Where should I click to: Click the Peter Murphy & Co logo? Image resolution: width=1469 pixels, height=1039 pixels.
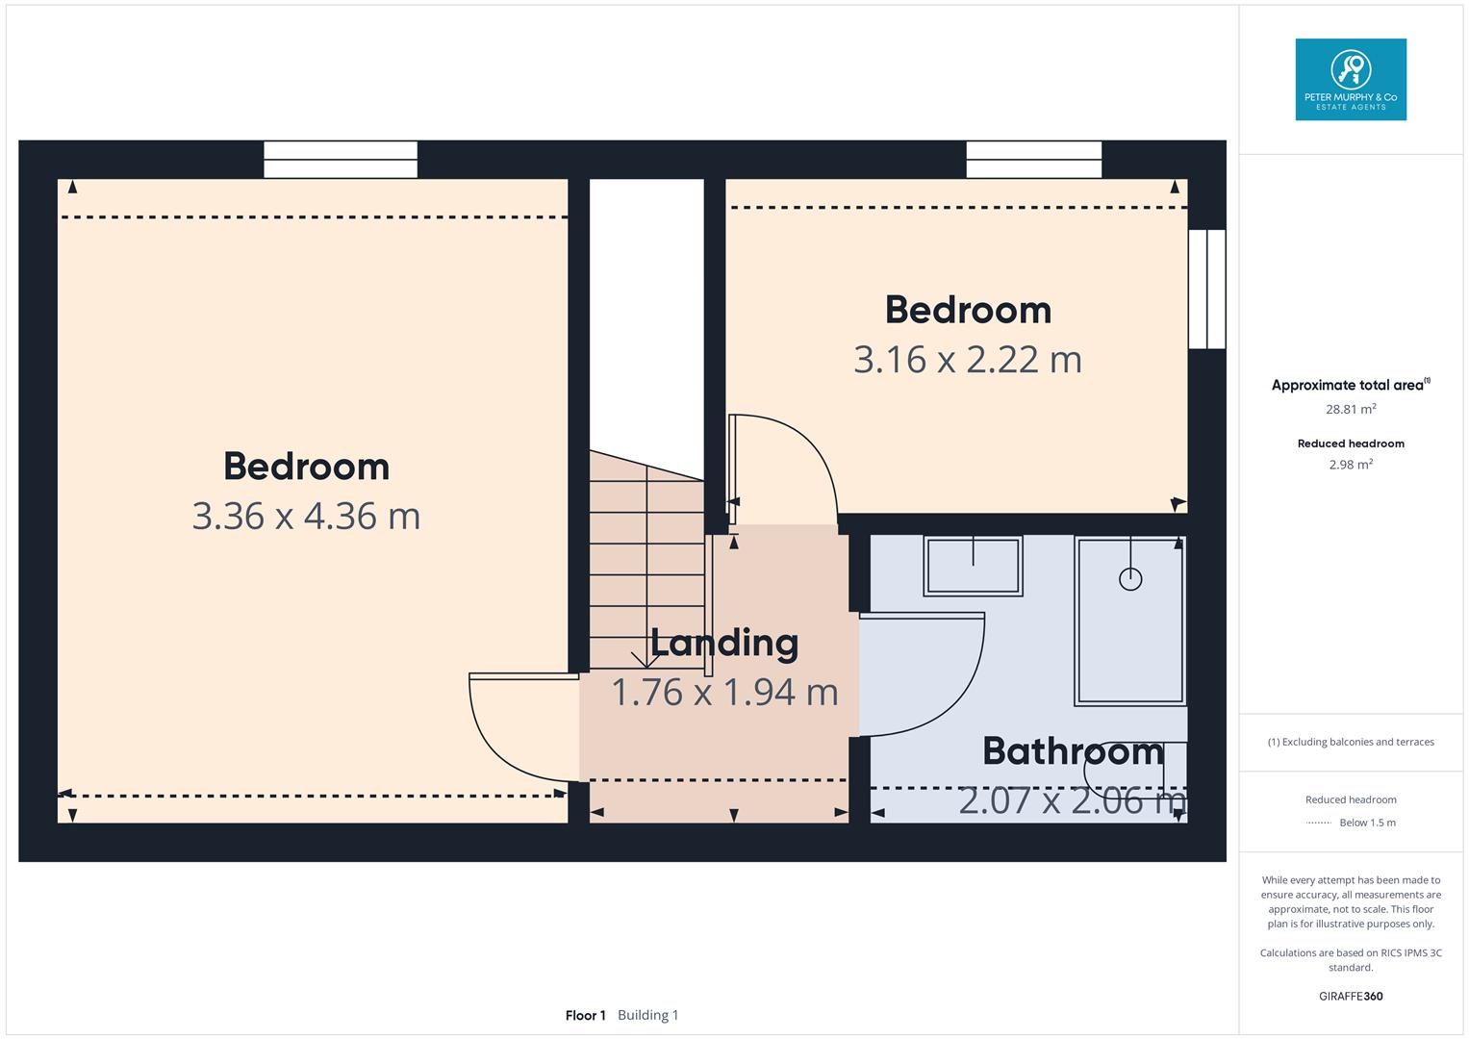(1351, 80)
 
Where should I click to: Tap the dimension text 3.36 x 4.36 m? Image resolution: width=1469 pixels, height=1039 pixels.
(306, 517)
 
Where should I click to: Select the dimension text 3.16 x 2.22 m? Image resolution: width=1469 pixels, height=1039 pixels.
(968, 360)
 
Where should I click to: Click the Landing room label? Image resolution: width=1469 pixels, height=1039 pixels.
(724, 643)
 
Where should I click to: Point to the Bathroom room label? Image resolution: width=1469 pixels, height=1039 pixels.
(1073, 750)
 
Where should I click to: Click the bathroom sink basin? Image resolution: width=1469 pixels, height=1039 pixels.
(973, 566)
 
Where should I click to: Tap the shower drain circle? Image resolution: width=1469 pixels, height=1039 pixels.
(1130, 579)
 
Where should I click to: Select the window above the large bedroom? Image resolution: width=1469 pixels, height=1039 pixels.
(341, 160)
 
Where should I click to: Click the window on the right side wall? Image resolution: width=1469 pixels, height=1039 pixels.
(1206, 289)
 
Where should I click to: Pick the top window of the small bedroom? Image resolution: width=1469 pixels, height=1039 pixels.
(1034, 160)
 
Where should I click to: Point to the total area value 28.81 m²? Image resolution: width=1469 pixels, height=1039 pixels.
(1351, 409)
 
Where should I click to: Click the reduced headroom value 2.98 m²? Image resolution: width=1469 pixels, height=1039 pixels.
(1351, 464)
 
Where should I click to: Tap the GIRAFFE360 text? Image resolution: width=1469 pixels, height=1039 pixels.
(1351, 997)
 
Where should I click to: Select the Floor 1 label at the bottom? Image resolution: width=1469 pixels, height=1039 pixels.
(585, 1015)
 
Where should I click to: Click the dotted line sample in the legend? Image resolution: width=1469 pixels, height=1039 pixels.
(1319, 824)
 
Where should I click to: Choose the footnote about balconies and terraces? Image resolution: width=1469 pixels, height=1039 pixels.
(1351, 742)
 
